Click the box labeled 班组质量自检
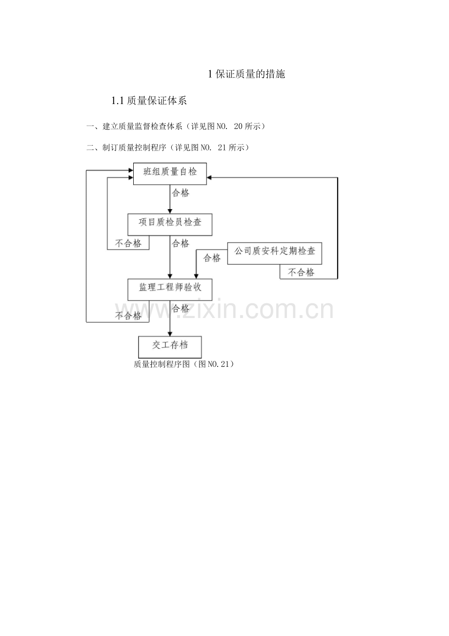[170, 173]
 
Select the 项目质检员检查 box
[170, 224]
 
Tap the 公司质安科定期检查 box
[275, 253]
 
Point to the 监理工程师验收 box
[170, 289]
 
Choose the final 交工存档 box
[170, 346]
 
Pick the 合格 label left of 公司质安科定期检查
[212, 258]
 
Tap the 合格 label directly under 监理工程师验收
[181, 309]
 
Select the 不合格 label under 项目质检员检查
[128, 243]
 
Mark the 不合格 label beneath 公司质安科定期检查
[301, 273]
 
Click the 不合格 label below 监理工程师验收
[128, 316]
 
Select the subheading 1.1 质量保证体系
[149, 101]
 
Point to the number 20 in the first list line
[239, 127]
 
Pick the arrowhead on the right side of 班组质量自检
[209, 178]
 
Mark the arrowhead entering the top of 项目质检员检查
[170, 211]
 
